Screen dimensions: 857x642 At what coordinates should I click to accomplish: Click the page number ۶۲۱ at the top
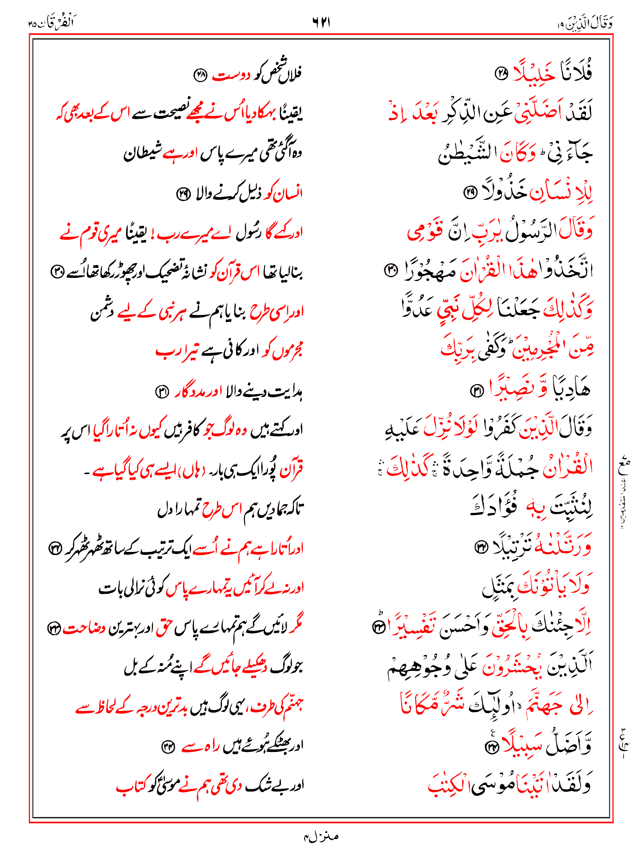(321, 22)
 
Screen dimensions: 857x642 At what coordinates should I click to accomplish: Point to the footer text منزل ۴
(321, 836)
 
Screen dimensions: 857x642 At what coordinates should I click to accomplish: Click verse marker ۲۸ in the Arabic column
(501, 74)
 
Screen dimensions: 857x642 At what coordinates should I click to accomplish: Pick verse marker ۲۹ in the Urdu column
(183, 194)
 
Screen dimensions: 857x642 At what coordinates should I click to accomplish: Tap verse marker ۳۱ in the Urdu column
(162, 392)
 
